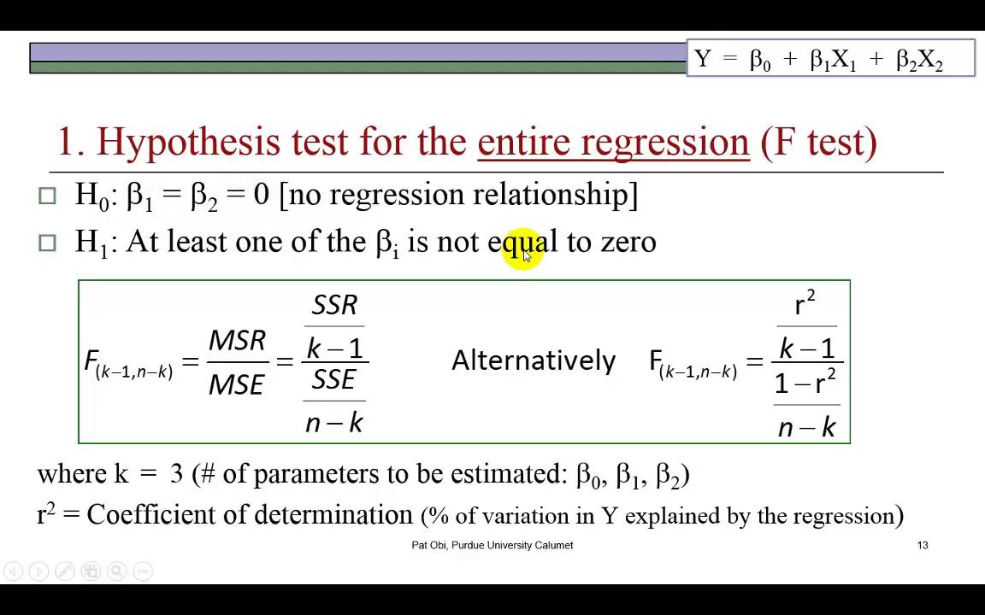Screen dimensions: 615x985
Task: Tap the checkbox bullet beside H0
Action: tap(47, 196)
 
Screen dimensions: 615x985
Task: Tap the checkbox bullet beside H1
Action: tap(47, 243)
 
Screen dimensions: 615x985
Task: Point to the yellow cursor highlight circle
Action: tap(522, 249)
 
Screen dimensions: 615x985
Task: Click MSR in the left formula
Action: tap(237, 341)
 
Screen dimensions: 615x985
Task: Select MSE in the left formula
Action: tap(237, 385)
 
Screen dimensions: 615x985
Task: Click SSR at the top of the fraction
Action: tap(334, 305)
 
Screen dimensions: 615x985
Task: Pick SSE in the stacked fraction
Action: tap(333, 379)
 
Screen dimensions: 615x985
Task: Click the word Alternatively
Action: tap(534, 360)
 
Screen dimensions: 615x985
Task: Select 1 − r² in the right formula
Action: tap(805, 384)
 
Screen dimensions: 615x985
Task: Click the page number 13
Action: tap(923, 545)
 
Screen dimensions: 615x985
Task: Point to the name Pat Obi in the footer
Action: tap(429, 545)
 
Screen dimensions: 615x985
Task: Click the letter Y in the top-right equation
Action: tap(703, 59)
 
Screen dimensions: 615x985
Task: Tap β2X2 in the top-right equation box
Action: tap(919, 60)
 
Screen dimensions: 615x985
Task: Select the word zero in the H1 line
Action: tap(628, 242)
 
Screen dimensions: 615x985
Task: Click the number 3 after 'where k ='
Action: tap(177, 474)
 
